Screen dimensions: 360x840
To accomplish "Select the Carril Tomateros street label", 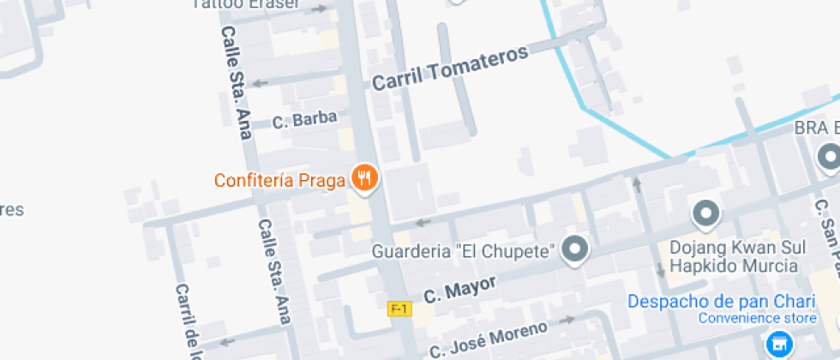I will point(450,68).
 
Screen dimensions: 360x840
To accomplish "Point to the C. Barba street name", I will point(304,120).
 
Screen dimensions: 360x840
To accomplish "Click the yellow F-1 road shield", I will point(399,309).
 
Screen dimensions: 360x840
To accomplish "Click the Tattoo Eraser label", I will point(246,4).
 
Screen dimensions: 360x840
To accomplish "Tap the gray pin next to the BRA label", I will point(829,158).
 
